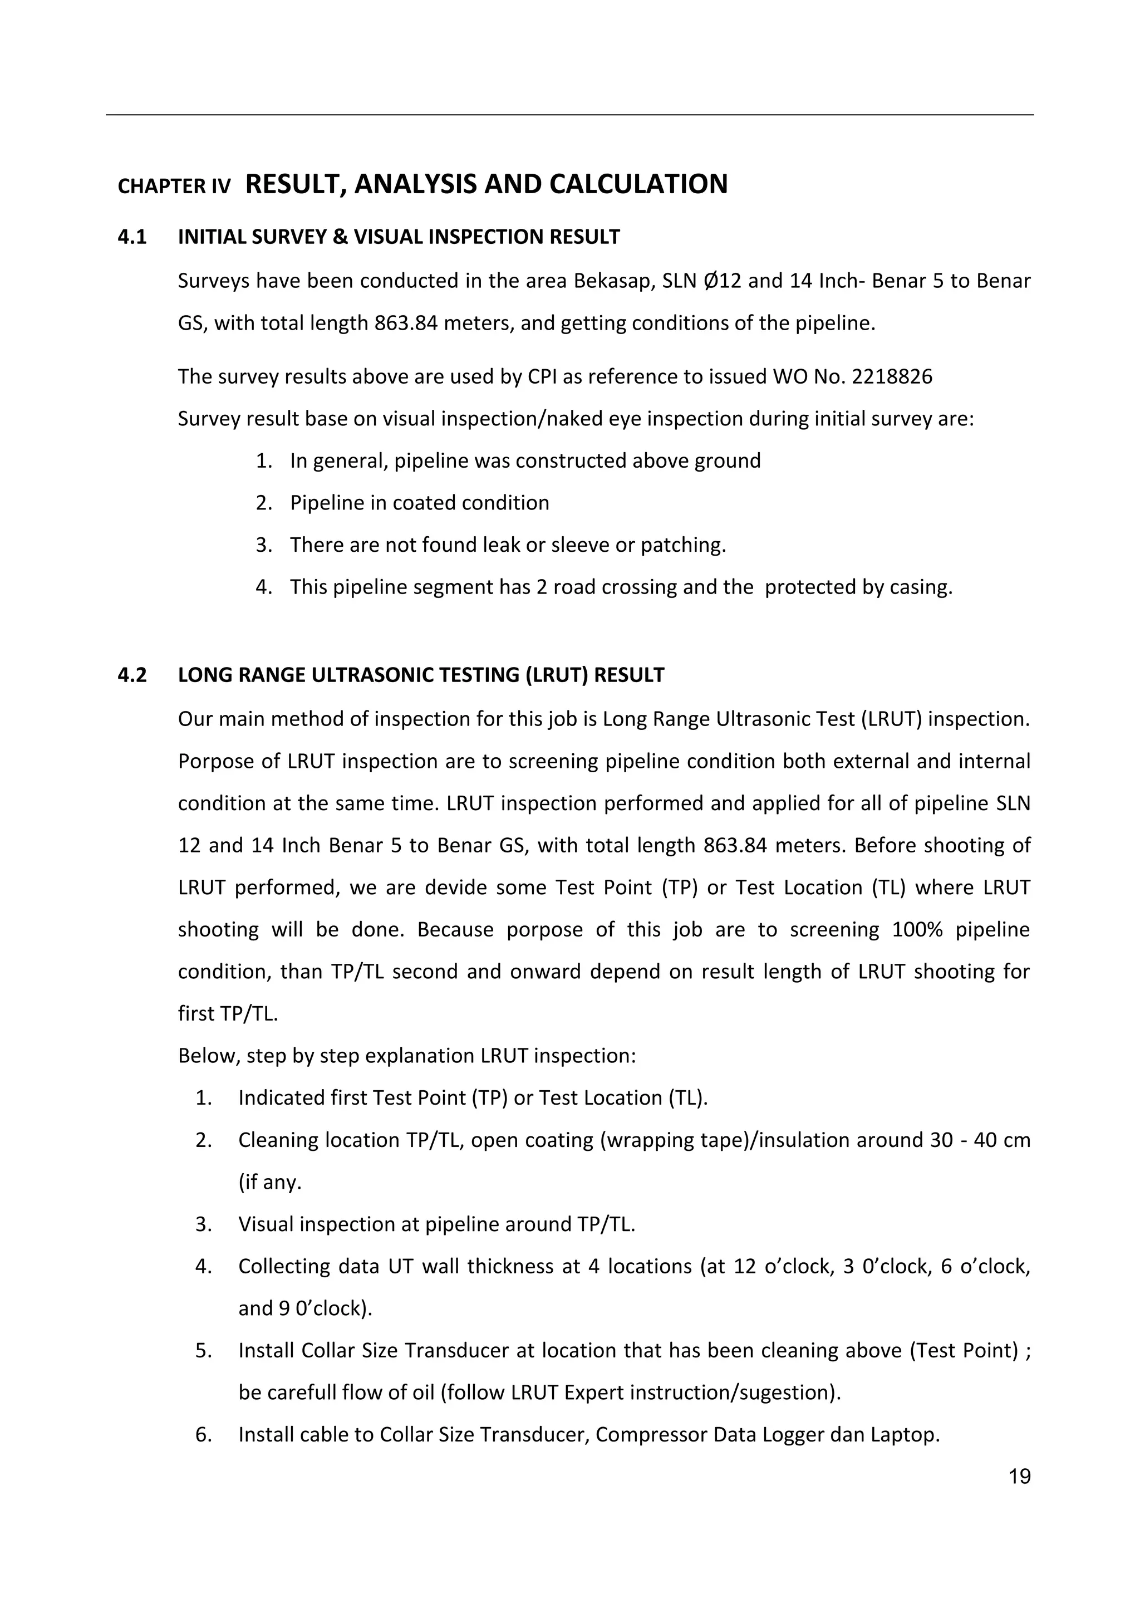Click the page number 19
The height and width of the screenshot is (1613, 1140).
(1019, 1476)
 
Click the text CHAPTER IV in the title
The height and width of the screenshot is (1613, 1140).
(174, 187)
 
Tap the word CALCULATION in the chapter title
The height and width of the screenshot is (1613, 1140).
(638, 184)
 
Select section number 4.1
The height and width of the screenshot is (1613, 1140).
(132, 237)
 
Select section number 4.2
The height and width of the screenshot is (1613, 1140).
(132, 675)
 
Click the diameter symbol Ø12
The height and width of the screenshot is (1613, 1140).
(722, 282)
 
